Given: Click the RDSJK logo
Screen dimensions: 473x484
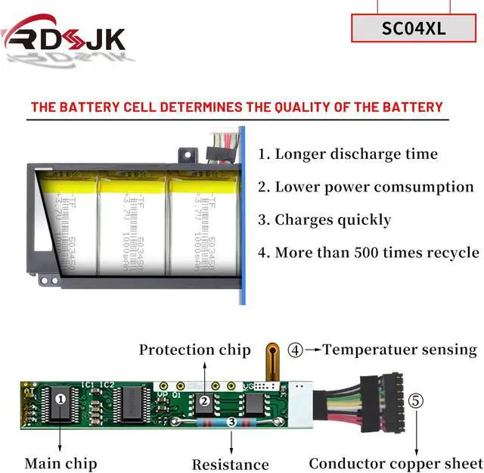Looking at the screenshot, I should [x=64, y=38].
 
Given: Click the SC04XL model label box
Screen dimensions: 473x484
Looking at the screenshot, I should [x=414, y=29].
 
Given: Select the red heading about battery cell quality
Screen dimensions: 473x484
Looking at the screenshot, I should [x=237, y=107].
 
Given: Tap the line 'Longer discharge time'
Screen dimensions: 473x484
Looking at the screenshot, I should [x=348, y=154].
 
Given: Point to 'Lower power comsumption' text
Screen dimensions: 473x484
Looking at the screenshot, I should [x=366, y=187].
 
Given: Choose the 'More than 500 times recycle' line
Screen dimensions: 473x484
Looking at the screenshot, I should [x=368, y=253].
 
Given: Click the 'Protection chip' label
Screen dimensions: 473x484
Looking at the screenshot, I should [x=194, y=350].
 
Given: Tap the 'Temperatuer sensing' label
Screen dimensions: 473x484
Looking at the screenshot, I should [x=400, y=350].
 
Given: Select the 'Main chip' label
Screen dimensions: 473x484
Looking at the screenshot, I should [x=60, y=462].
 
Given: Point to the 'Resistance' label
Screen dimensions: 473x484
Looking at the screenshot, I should [x=230, y=464].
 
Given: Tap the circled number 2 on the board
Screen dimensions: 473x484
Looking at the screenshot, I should [x=203, y=401].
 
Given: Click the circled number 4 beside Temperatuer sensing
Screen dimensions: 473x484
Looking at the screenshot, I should [x=295, y=350].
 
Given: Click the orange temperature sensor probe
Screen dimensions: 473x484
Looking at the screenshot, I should [x=271, y=362].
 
